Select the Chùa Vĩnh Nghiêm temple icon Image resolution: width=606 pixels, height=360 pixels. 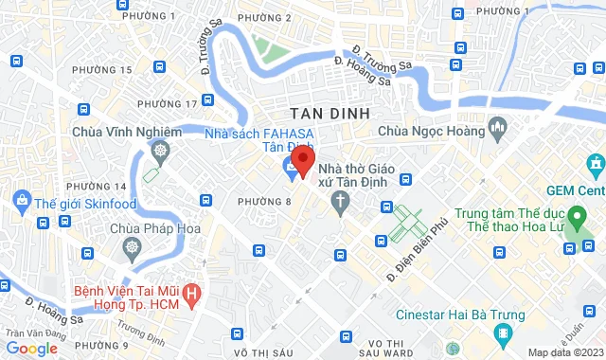pos(161,151)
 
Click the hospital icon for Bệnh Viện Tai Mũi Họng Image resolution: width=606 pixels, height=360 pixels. pos(192,294)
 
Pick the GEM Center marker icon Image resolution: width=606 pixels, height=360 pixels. pos(595,167)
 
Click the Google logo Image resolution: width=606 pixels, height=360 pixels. pos(32,348)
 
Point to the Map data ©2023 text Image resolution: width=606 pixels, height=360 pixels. pos(561,352)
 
